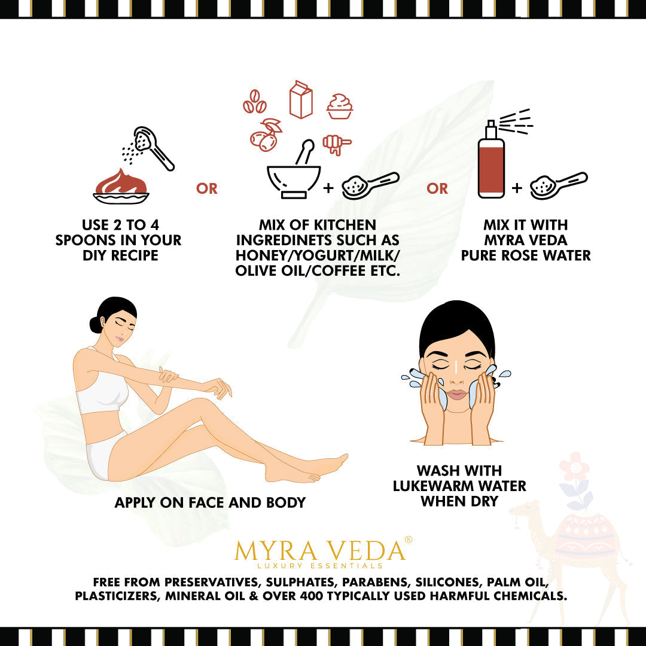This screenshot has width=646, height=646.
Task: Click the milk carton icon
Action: (x=301, y=99)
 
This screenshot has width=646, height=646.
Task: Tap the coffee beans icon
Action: (x=254, y=102)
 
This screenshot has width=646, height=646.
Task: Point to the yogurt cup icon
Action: (x=340, y=106)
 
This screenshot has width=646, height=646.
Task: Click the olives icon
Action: (x=266, y=135)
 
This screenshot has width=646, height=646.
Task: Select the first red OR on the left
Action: (x=207, y=188)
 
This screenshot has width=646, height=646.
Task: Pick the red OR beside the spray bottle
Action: (x=437, y=188)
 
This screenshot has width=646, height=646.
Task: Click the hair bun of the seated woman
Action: (x=96, y=325)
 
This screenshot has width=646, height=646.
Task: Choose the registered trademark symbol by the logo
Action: (x=409, y=540)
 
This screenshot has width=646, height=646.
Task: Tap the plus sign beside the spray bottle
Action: (x=517, y=188)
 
